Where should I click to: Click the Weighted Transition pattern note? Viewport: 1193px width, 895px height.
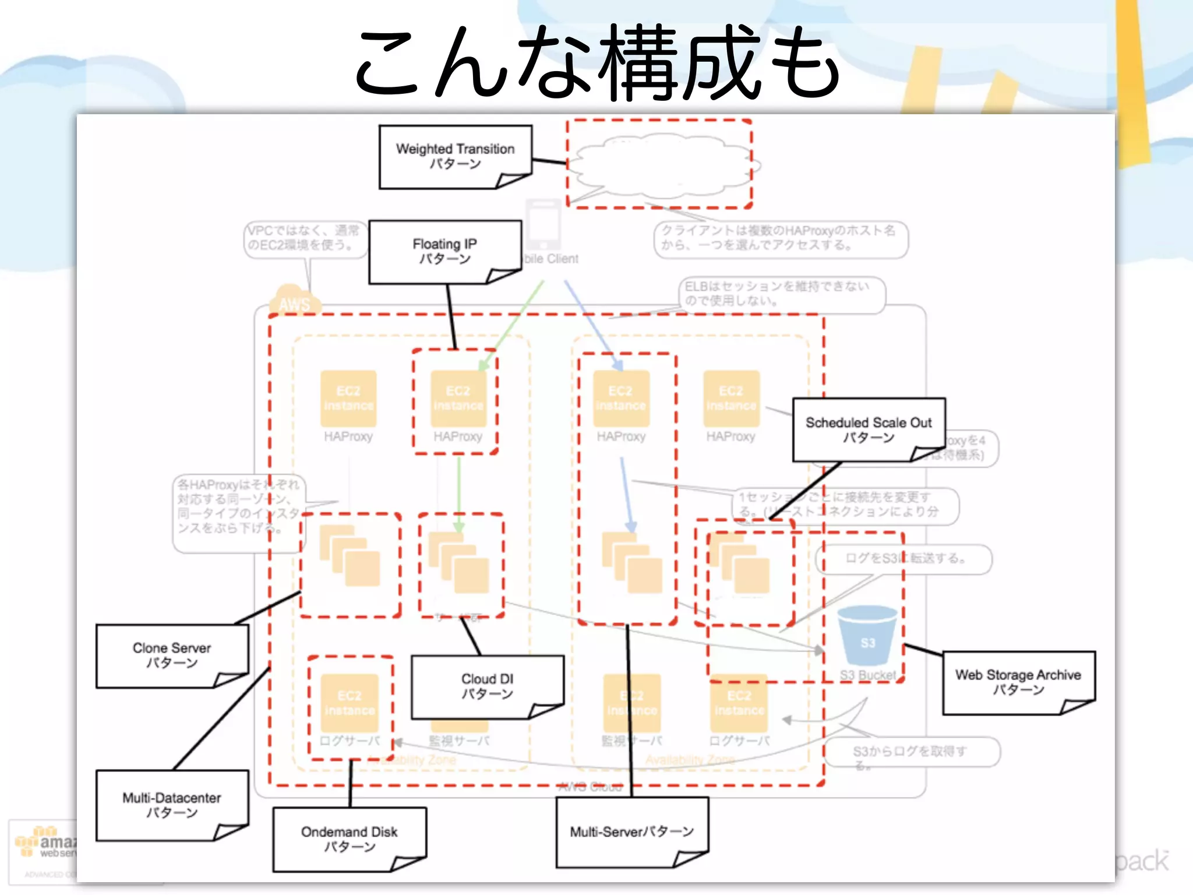coord(455,156)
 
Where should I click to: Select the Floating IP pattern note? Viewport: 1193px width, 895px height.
coord(444,251)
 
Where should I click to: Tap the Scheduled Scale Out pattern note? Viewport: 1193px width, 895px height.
coord(868,429)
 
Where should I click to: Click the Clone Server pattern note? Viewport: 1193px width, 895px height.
coord(172,656)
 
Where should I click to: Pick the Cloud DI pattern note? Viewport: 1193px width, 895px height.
coord(487,686)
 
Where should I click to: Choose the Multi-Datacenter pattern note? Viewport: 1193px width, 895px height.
coord(172,805)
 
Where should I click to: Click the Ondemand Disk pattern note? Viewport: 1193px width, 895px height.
coord(350,839)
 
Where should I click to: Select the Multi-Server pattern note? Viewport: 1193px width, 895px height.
coord(632,832)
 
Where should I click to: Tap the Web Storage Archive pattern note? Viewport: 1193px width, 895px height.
coord(1018,682)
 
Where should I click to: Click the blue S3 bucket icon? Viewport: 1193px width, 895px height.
coord(867,636)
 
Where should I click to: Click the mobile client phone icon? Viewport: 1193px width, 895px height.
coord(543,225)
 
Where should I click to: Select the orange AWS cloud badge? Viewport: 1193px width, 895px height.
coord(294,299)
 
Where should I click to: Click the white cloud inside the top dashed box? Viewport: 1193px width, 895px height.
coord(661,166)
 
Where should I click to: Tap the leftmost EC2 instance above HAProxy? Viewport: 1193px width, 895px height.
coord(348,399)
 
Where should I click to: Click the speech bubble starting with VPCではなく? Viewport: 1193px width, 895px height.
coord(304,238)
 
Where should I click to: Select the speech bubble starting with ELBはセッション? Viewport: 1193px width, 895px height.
coord(781,294)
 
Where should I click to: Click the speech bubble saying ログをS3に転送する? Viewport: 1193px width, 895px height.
coord(904,559)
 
